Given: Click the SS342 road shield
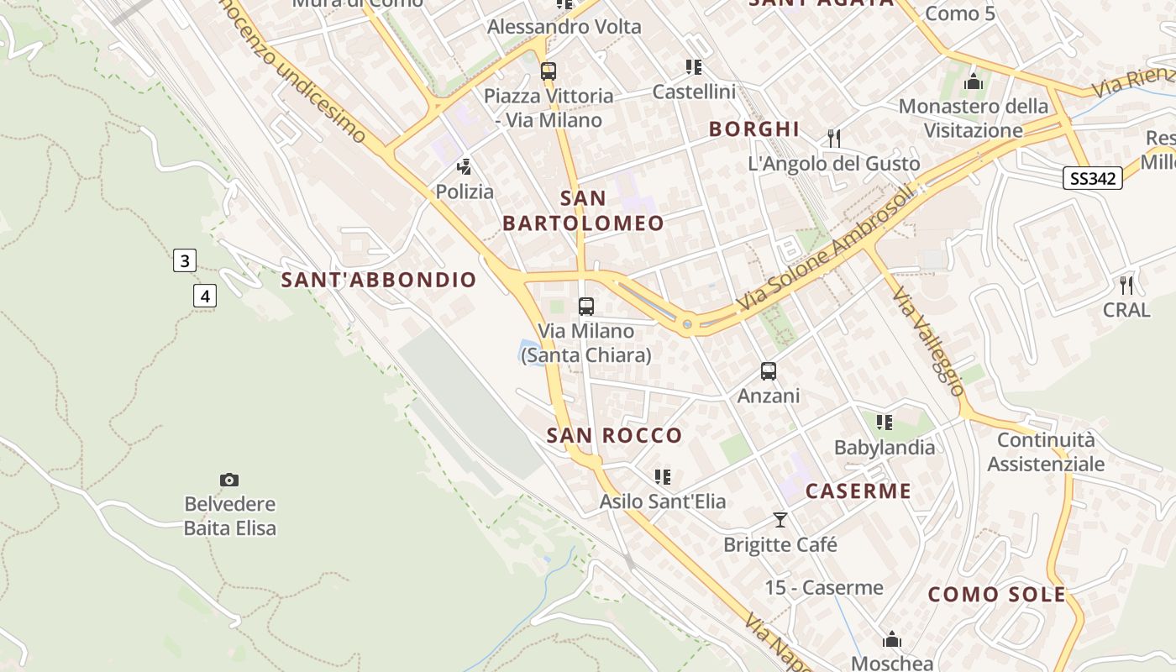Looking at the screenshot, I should [x=1093, y=178].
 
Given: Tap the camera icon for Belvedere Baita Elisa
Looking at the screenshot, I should [x=228, y=480].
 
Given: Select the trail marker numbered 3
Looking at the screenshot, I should [x=185, y=260].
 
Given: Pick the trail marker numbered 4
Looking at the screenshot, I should [x=204, y=296].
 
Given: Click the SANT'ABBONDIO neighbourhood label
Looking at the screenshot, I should [x=379, y=280].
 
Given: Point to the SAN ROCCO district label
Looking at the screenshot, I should [x=614, y=435].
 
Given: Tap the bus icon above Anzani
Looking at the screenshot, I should [x=768, y=371].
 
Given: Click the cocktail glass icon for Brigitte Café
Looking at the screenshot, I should [x=780, y=520].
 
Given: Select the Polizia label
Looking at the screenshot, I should [x=465, y=192].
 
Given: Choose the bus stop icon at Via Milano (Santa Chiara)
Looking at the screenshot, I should [x=586, y=307].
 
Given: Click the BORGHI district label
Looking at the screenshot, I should [x=754, y=129].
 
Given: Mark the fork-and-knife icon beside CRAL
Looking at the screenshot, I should [x=1126, y=285].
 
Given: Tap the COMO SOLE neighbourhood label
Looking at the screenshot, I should [x=996, y=595].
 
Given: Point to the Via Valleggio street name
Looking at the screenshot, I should [x=928, y=341].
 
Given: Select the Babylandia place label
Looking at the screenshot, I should [x=884, y=447].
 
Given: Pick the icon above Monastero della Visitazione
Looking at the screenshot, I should [x=974, y=82].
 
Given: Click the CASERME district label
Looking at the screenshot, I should [x=858, y=491].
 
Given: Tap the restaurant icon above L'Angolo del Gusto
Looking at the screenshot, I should [x=834, y=139].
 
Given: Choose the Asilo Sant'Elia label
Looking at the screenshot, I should [x=662, y=501].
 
